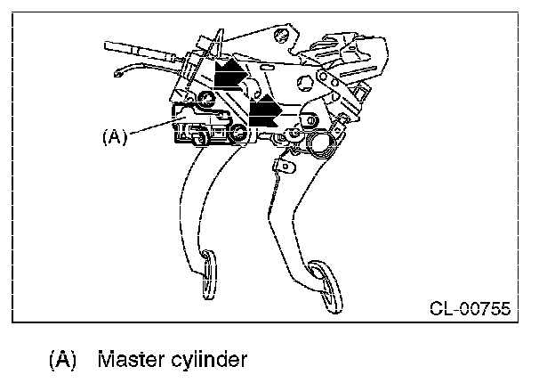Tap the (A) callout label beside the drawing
click(x=115, y=136)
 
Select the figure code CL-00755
click(x=470, y=309)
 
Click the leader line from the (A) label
click(x=151, y=129)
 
